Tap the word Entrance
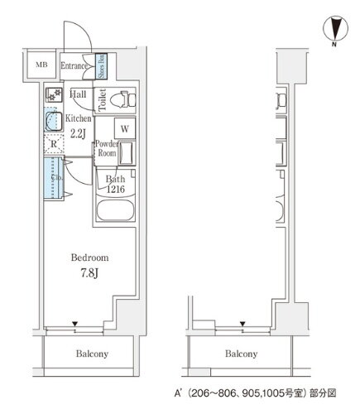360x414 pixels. [x=74, y=65]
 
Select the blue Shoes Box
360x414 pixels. [x=102, y=65]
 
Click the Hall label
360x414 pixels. [x=79, y=94]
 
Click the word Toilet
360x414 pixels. [x=103, y=99]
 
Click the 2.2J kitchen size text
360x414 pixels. [x=79, y=132]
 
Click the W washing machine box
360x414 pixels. [x=122, y=128]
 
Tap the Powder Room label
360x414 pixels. [x=107, y=149]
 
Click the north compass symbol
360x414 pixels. [x=335, y=29]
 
